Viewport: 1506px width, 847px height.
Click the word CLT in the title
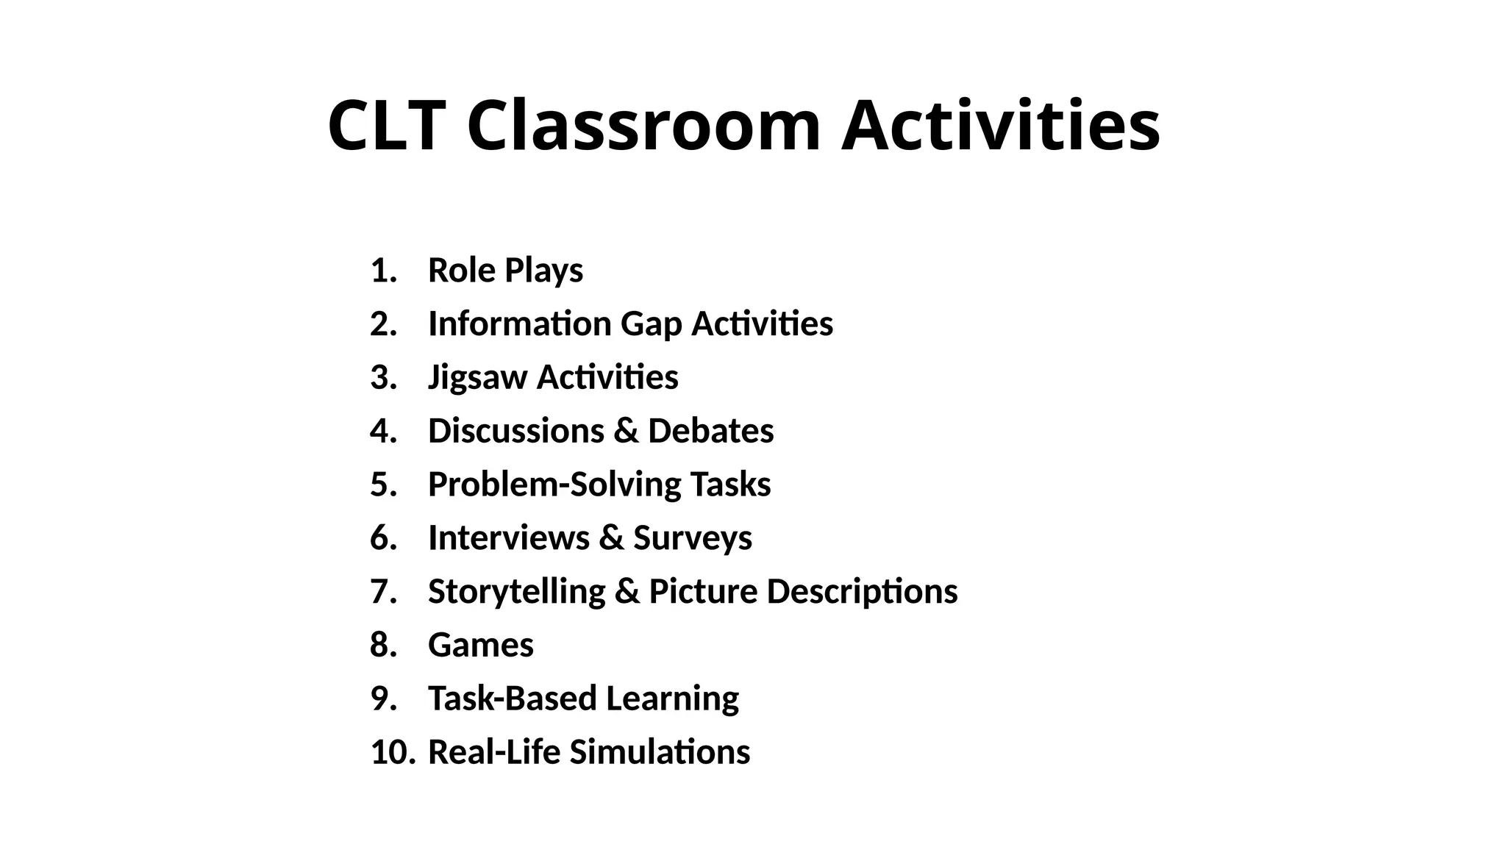[x=386, y=126]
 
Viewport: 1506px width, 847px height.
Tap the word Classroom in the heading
[x=643, y=126]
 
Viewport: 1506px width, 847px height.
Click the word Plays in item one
[x=544, y=271]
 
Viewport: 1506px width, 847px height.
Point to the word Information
[x=519, y=324]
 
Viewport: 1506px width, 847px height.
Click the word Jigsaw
[x=478, y=378]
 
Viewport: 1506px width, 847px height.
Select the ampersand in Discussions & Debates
[x=625, y=431]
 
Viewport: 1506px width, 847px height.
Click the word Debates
[x=710, y=431]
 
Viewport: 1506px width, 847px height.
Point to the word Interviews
[x=509, y=537]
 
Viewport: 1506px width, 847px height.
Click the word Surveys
[x=693, y=538]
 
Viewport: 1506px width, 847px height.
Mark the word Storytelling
[x=516, y=592]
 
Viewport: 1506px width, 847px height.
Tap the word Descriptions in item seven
[x=862, y=592]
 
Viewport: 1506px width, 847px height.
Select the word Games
[x=481, y=645]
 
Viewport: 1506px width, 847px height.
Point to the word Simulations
[x=660, y=752]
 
